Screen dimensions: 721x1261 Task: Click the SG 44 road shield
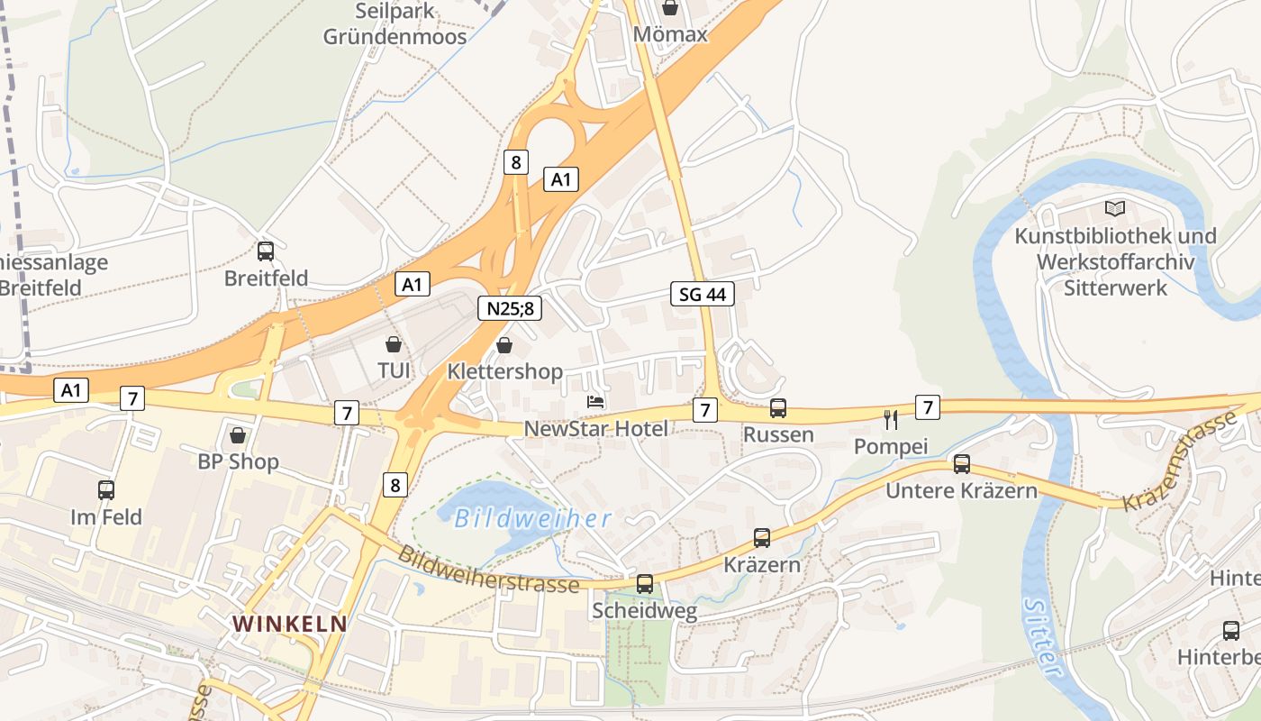coord(703,293)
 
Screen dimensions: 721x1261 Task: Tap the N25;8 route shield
coord(510,308)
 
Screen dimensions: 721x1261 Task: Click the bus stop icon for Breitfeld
coord(266,251)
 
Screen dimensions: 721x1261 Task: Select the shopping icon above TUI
coord(394,344)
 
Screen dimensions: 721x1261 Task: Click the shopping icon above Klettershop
coord(504,345)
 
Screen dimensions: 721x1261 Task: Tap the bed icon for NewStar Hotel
coord(595,401)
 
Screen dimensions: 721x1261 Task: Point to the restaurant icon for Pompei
coord(891,419)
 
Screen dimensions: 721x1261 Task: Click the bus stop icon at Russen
coord(778,408)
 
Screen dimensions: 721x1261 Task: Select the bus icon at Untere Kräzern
coord(962,464)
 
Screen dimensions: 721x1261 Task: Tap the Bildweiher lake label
coord(532,518)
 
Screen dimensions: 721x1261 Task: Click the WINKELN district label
coord(290,623)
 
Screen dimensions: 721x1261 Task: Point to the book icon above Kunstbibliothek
coord(1115,209)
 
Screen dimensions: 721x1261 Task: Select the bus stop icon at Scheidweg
coord(645,584)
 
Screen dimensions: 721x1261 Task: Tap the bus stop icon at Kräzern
coord(762,538)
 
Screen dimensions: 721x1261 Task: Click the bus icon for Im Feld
coord(106,490)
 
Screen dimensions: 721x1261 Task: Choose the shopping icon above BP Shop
coord(238,435)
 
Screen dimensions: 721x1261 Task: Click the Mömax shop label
coord(671,34)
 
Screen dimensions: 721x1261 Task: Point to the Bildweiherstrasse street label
coord(488,570)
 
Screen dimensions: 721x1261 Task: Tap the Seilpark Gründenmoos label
coord(395,24)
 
